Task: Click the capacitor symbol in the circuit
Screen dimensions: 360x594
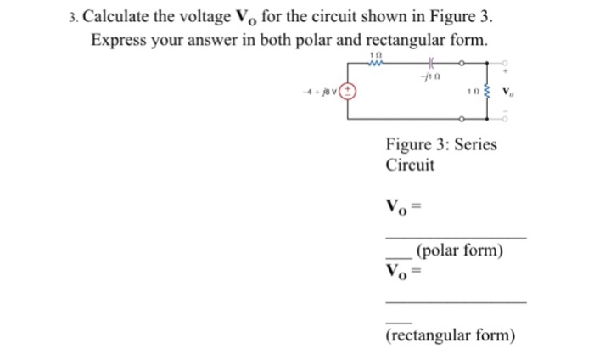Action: click(431, 62)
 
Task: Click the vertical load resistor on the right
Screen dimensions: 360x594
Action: click(486, 91)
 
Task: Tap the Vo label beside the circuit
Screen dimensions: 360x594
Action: click(507, 91)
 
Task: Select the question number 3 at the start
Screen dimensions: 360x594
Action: click(74, 17)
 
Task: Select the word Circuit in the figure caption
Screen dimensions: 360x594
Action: click(410, 165)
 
